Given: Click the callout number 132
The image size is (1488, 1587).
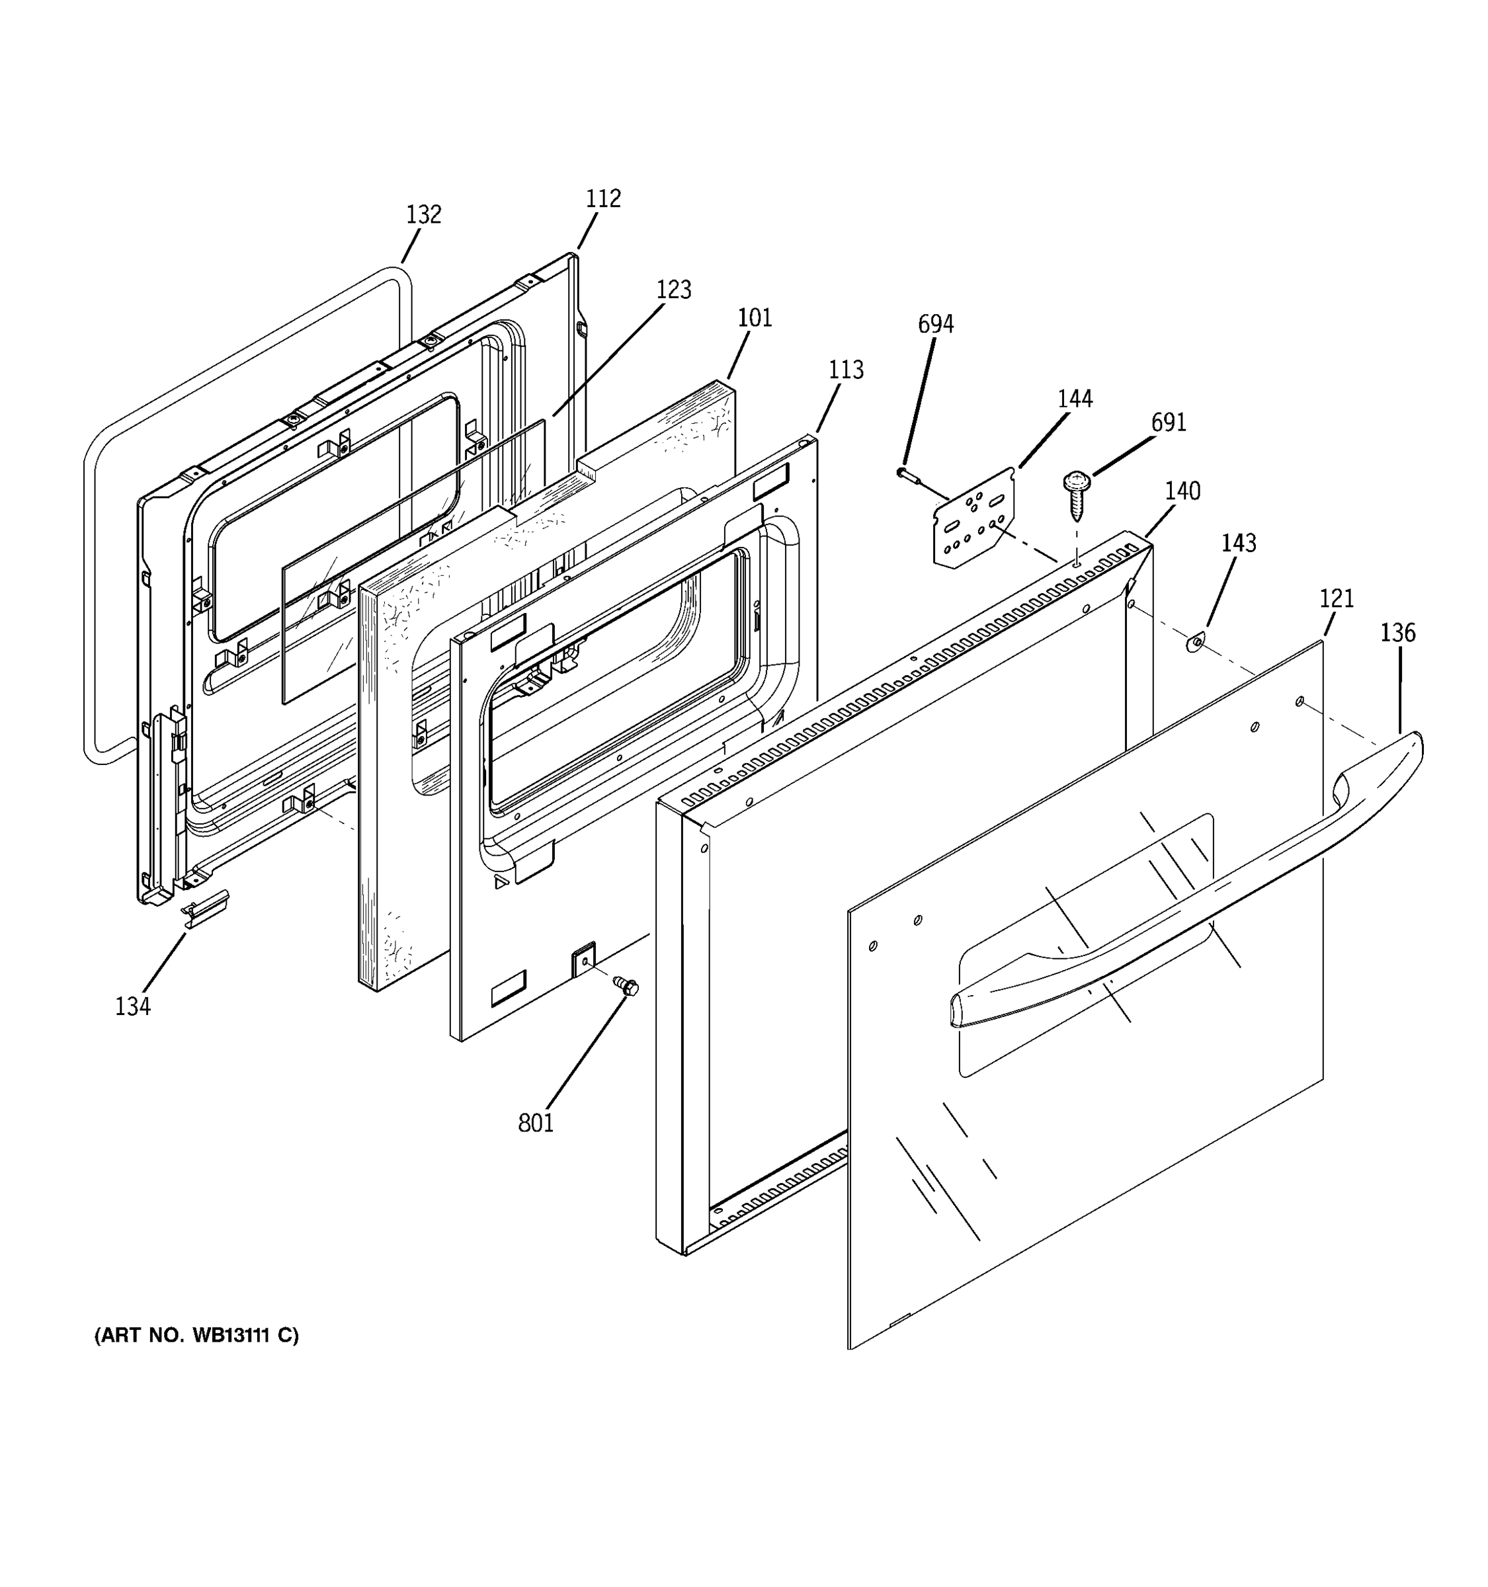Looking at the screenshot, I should pyautogui.click(x=423, y=215).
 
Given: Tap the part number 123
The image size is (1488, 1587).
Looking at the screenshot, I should pyautogui.click(x=673, y=290).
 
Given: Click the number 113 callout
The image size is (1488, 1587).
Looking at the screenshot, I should pyautogui.click(x=845, y=370).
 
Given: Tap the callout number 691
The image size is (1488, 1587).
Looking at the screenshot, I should pyautogui.click(x=1168, y=423).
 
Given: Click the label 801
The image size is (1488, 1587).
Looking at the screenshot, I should pyautogui.click(x=535, y=1123).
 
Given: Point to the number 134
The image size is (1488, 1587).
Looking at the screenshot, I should pyautogui.click(x=132, y=1006).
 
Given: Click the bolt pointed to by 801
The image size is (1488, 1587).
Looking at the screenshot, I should pyautogui.click(x=627, y=986).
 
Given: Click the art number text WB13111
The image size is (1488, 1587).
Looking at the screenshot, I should pyautogui.click(x=196, y=1336).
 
